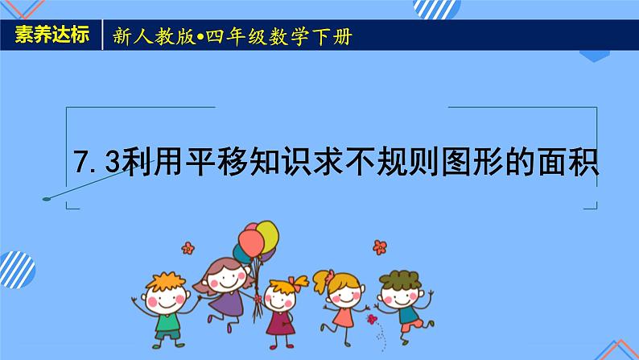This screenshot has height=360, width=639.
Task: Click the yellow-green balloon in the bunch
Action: coord(266,235)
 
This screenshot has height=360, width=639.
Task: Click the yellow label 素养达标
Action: coord(51,37)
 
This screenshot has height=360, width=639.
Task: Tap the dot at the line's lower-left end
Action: coord(47,197)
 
